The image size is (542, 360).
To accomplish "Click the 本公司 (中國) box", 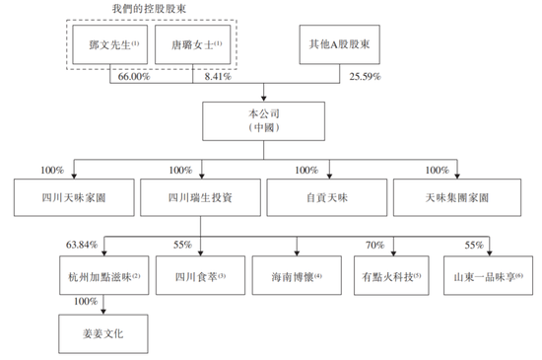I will point(271,120).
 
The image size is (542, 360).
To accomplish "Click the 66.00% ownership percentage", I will point(134,75).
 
